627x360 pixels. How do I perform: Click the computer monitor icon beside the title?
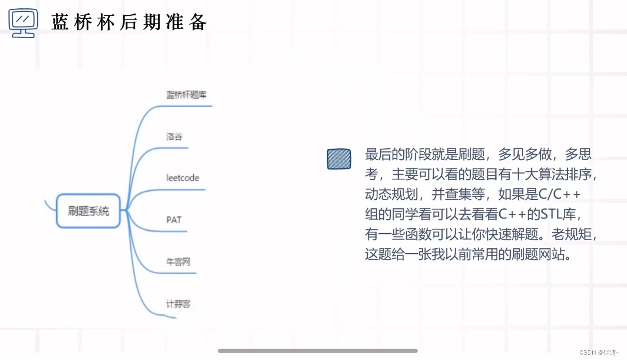coord(23,23)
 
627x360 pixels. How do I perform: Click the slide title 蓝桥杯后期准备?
coord(129,22)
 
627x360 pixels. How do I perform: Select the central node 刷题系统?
coord(88,211)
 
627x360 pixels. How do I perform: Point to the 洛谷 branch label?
coord(174,136)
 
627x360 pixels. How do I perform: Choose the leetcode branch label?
coord(183,177)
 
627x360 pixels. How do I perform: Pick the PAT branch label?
coord(174,219)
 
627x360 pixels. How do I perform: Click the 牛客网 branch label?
coord(178,262)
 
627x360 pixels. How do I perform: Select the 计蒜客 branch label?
coord(178,304)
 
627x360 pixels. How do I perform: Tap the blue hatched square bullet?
coord(339,159)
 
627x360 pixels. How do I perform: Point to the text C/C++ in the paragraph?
coord(559,194)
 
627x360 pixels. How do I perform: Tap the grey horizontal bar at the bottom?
coord(317,351)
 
